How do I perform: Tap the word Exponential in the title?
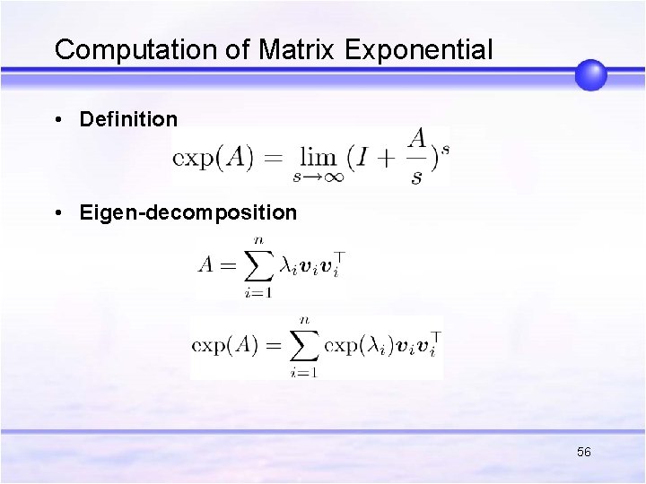[419, 50]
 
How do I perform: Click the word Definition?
[128, 119]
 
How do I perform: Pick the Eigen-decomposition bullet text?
[188, 213]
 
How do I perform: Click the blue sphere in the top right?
[590, 74]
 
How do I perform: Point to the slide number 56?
[584, 453]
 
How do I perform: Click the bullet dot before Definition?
[58, 120]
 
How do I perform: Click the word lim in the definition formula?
[318, 158]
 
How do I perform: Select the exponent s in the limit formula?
[445, 146]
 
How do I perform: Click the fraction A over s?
[416, 156]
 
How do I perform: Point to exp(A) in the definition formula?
[213, 159]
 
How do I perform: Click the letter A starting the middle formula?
[207, 266]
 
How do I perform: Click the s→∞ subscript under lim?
[318, 177]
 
